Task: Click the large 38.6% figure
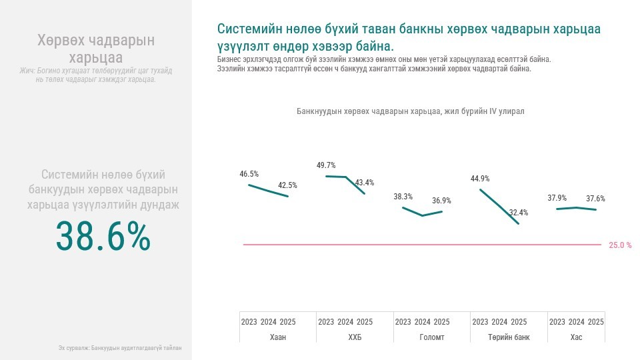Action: tap(103, 237)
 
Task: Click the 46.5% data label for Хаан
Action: tap(249, 174)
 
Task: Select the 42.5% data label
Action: tap(287, 185)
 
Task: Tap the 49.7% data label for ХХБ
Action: tap(326, 165)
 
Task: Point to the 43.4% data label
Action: tap(365, 183)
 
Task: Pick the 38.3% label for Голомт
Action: tap(403, 197)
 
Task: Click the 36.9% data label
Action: tap(441, 201)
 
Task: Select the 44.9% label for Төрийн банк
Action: tap(480, 179)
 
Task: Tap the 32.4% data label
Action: tap(518, 213)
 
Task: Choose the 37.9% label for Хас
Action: tap(557, 198)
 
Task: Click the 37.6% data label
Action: tap(595, 199)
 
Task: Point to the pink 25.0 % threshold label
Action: tap(620, 245)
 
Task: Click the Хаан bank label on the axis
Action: tap(278, 337)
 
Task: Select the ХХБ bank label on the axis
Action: tap(355, 337)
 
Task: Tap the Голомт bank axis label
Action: tap(432, 337)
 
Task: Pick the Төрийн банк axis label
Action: tap(509, 337)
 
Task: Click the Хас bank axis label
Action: tap(576, 337)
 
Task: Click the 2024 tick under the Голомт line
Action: tap(422, 322)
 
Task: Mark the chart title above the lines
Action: tap(410, 111)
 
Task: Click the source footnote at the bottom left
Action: tap(120, 348)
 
